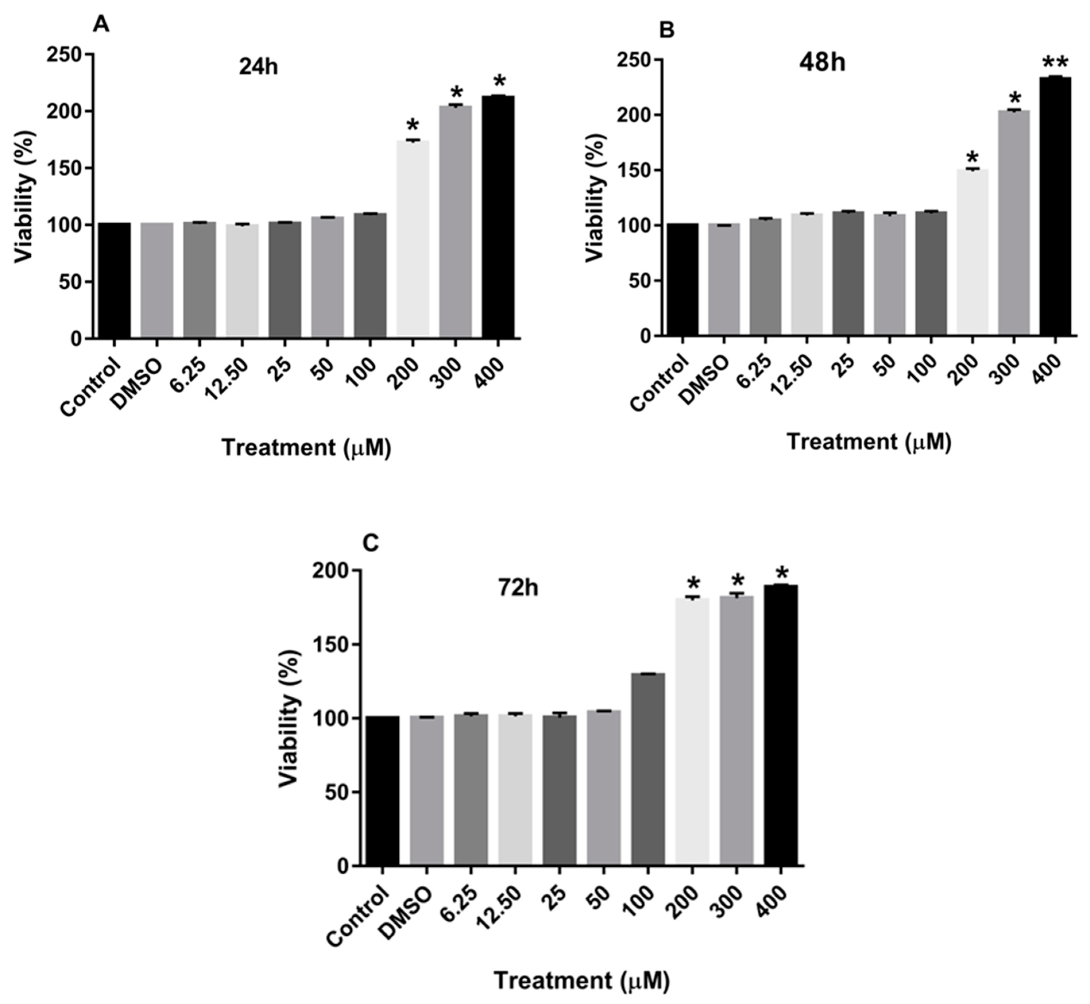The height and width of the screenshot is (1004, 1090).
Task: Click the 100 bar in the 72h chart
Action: (x=648, y=769)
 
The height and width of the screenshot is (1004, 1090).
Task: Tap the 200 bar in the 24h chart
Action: (x=413, y=239)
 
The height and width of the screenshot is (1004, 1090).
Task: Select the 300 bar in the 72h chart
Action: (x=736, y=731)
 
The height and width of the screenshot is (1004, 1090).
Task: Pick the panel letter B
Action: (x=666, y=30)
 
